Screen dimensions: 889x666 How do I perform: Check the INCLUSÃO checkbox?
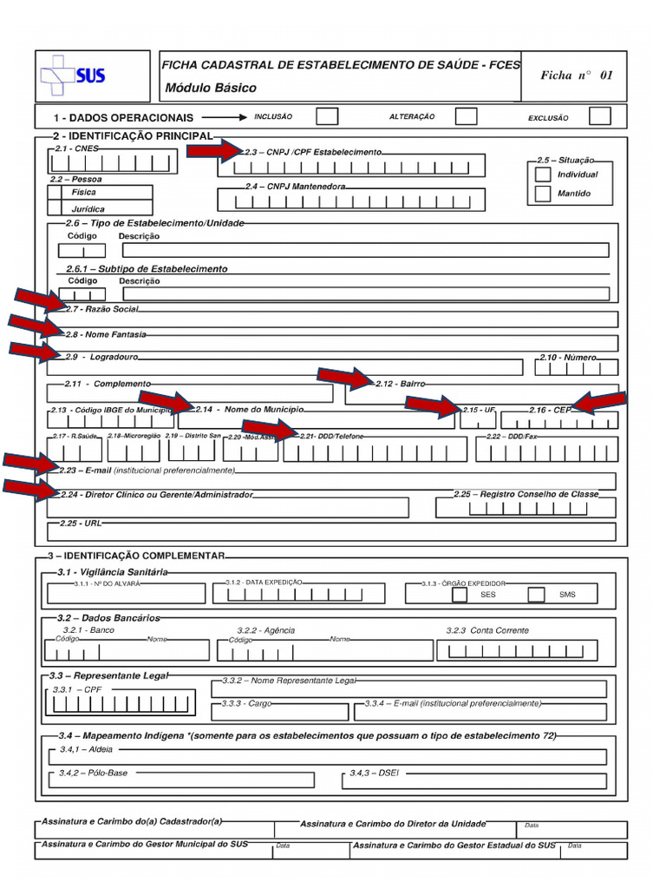(x=327, y=116)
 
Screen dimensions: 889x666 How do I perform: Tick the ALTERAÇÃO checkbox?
(x=467, y=116)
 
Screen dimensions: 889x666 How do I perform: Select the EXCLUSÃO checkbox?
(x=599, y=116)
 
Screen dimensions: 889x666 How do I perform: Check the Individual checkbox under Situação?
(x=543, y=175)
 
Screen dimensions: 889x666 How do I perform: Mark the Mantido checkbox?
(x=543, y=194)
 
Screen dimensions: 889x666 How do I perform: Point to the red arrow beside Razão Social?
(x=39, y=301)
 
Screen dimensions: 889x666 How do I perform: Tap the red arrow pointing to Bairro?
(x=344, y=378)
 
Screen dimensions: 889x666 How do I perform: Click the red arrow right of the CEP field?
(x=599, y=402)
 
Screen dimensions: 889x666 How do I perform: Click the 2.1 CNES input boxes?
(x=113, y=162)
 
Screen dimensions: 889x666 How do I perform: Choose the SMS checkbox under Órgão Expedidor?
(x=537, y=595)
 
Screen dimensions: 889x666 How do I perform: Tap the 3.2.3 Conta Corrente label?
(x=486, y=630)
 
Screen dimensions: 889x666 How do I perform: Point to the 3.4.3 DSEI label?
(x=373, y=772)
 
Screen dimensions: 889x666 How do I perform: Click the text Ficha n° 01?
(x=576, y=76)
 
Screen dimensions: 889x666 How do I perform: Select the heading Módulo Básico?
(x=211, y=89)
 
